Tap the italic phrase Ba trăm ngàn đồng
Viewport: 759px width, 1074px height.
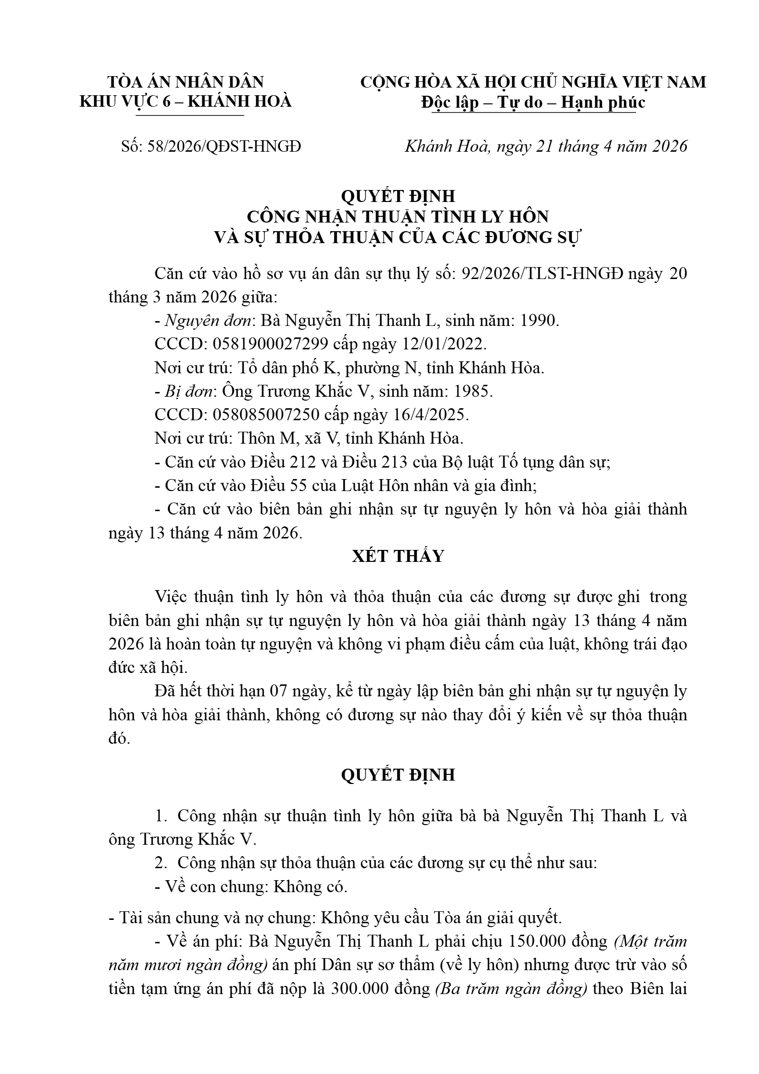point(511,989)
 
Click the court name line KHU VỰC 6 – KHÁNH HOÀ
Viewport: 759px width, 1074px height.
point(185,102)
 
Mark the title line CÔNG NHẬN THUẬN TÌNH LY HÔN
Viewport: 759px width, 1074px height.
point(398,217)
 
